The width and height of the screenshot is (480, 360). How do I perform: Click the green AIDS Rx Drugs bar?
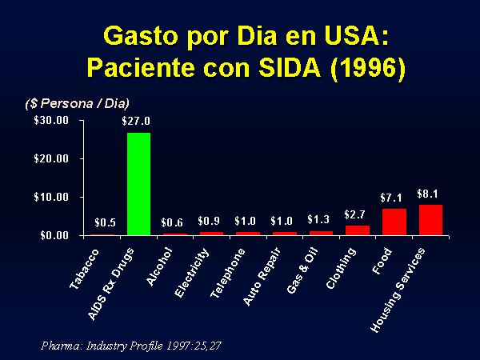click(x=138, y=184)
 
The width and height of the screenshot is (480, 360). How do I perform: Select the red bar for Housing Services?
click(x=430, y=220)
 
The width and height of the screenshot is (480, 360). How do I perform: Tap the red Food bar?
click(x=394, y=222)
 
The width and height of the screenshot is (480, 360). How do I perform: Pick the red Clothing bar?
click(x=357, y=230)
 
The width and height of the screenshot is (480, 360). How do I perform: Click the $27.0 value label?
click(x=136, y=122)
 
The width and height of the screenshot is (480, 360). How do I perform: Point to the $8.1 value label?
click(x=428, y=194)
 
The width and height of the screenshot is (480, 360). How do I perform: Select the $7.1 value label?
click(x=392, y=197)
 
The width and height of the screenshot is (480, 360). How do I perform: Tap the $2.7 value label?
click(x=355, y=214)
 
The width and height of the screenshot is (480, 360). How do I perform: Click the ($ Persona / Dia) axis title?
click(x=76, y=103)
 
